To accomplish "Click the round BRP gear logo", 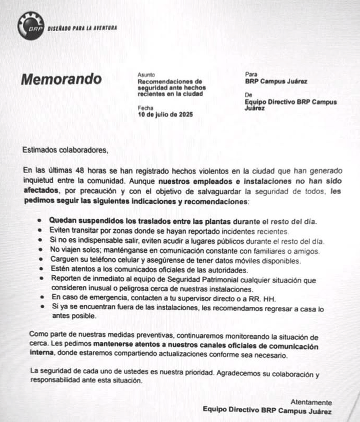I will [30, 27].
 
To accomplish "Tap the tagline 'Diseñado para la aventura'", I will [82, 28].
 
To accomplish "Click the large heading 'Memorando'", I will [61, 79].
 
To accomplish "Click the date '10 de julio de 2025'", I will [165, 114].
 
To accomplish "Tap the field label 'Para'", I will [250, 74].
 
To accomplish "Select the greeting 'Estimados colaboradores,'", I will [65, 149].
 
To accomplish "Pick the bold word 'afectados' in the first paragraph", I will [40, 191].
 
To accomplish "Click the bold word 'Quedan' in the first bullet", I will [62, 221].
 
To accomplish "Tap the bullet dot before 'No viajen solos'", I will [40, 251].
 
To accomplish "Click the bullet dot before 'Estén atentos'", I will [40, 270].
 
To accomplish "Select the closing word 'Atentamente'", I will [311, 402].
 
